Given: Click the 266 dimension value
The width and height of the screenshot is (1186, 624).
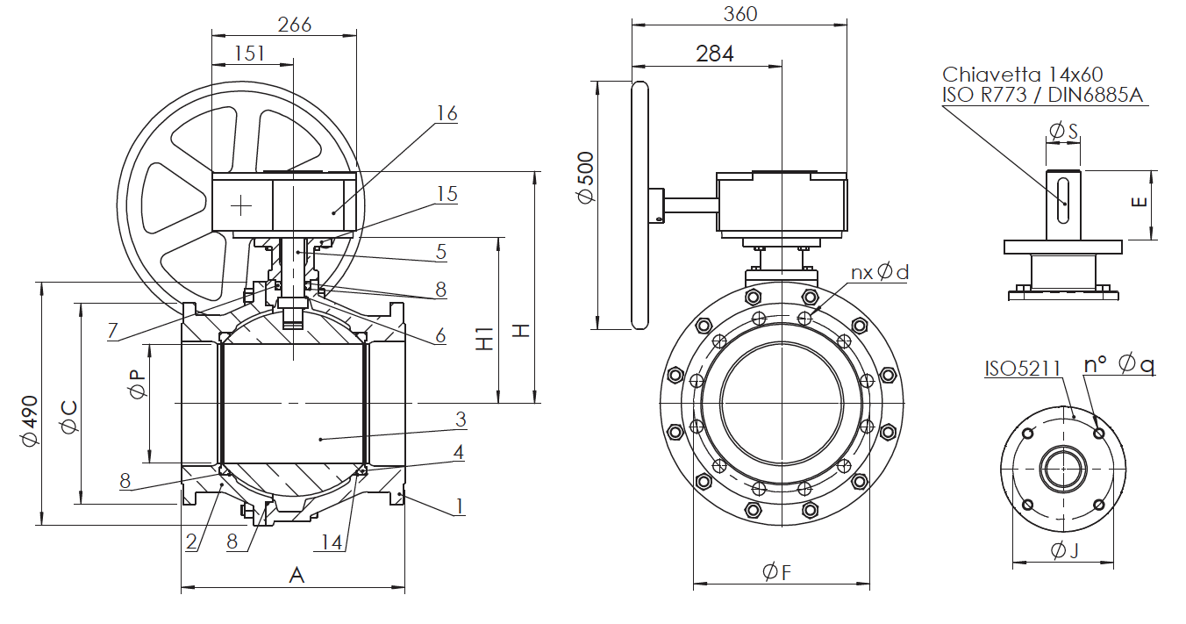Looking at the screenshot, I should (x=294, y=25).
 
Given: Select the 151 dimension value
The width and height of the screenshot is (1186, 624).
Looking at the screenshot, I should (x=249, y=53).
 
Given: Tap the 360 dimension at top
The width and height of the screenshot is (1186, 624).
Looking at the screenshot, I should (x=739, y=13).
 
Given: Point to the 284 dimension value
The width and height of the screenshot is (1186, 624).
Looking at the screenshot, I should (x=715, y=54).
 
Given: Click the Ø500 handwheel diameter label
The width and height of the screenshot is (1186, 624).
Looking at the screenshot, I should (x=586, y=177).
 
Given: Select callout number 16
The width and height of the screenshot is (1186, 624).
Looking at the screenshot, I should (x=447, y=113).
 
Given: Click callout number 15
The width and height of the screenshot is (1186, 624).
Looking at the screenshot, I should (x=447, y=194).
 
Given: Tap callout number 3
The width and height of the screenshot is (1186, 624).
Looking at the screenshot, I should (x=460, y=420).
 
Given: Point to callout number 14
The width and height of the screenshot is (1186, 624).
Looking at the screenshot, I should (x=331, y=542).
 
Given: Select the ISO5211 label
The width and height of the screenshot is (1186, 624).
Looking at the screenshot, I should (x=1023, y=369).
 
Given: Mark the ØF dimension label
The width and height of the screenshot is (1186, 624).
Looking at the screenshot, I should (x=777, y=572).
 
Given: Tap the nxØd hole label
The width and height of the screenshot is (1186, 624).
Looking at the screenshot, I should (x=879, y=272).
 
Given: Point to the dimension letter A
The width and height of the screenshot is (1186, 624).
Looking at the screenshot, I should (x=296, y=575).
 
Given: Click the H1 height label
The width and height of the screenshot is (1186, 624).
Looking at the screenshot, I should (x=484, y=341).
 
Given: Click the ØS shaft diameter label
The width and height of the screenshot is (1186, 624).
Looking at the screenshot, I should (x=1063, y=132).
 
